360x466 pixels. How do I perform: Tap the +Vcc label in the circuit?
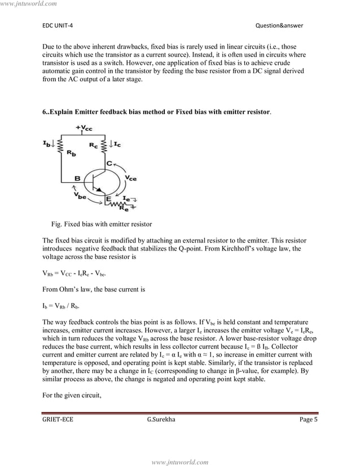(85, 128)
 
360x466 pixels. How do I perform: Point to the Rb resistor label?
(71, 152)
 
